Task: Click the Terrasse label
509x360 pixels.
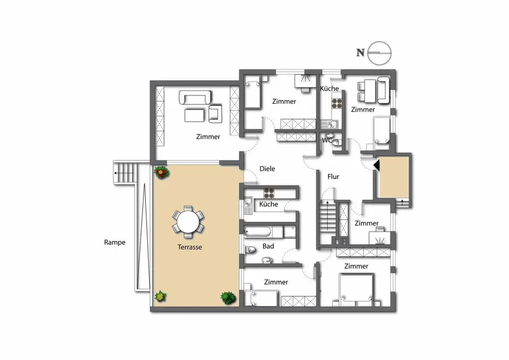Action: coord(189,247)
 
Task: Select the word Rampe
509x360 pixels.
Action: coord(115,242)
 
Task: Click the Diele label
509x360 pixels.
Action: coord(267,169)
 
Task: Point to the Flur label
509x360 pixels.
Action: coord(333,177)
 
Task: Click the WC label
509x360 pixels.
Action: coord(327,140)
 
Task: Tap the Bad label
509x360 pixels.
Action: coord(268,246)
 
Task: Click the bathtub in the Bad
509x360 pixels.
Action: coord(257,232)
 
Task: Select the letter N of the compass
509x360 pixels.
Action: coord(360,52)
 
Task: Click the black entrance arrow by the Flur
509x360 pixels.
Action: coord(377,165)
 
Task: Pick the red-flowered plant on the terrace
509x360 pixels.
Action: coord(161,173)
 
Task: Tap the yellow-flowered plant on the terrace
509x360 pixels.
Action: coord(160,296)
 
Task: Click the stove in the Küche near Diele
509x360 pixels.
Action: coord(269,193)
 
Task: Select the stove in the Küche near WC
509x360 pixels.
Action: coord(336,103)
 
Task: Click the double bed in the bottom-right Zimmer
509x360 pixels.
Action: coord(356,290)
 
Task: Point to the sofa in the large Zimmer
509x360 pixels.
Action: coord(195,97)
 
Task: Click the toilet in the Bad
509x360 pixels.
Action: coord(250,250)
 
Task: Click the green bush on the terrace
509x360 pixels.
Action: coord(229,298)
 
